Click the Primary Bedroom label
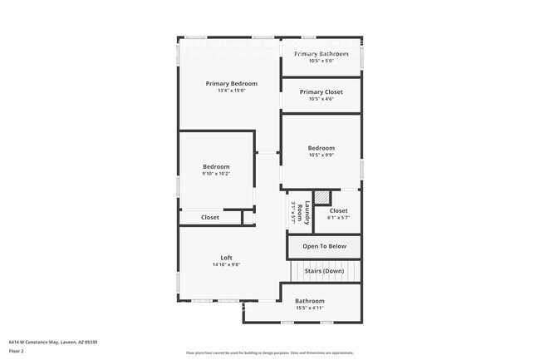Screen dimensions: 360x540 232,83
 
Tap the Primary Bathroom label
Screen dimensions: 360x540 321,53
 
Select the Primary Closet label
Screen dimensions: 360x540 321,92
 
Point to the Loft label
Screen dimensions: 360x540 226,258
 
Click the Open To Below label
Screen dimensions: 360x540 324,246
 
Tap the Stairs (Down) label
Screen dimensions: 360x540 324,271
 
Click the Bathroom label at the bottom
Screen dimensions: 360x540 310,301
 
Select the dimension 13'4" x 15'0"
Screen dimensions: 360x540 232,91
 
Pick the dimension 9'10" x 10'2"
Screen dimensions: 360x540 215,174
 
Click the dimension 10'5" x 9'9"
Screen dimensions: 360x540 321,155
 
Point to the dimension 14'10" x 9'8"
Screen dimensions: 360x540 226,265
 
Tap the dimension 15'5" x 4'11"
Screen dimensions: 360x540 310,308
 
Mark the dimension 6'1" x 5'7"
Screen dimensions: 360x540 338,218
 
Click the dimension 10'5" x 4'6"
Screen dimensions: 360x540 321,99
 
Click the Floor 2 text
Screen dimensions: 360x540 17,352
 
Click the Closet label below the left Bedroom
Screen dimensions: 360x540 210,218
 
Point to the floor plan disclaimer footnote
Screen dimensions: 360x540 270,353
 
